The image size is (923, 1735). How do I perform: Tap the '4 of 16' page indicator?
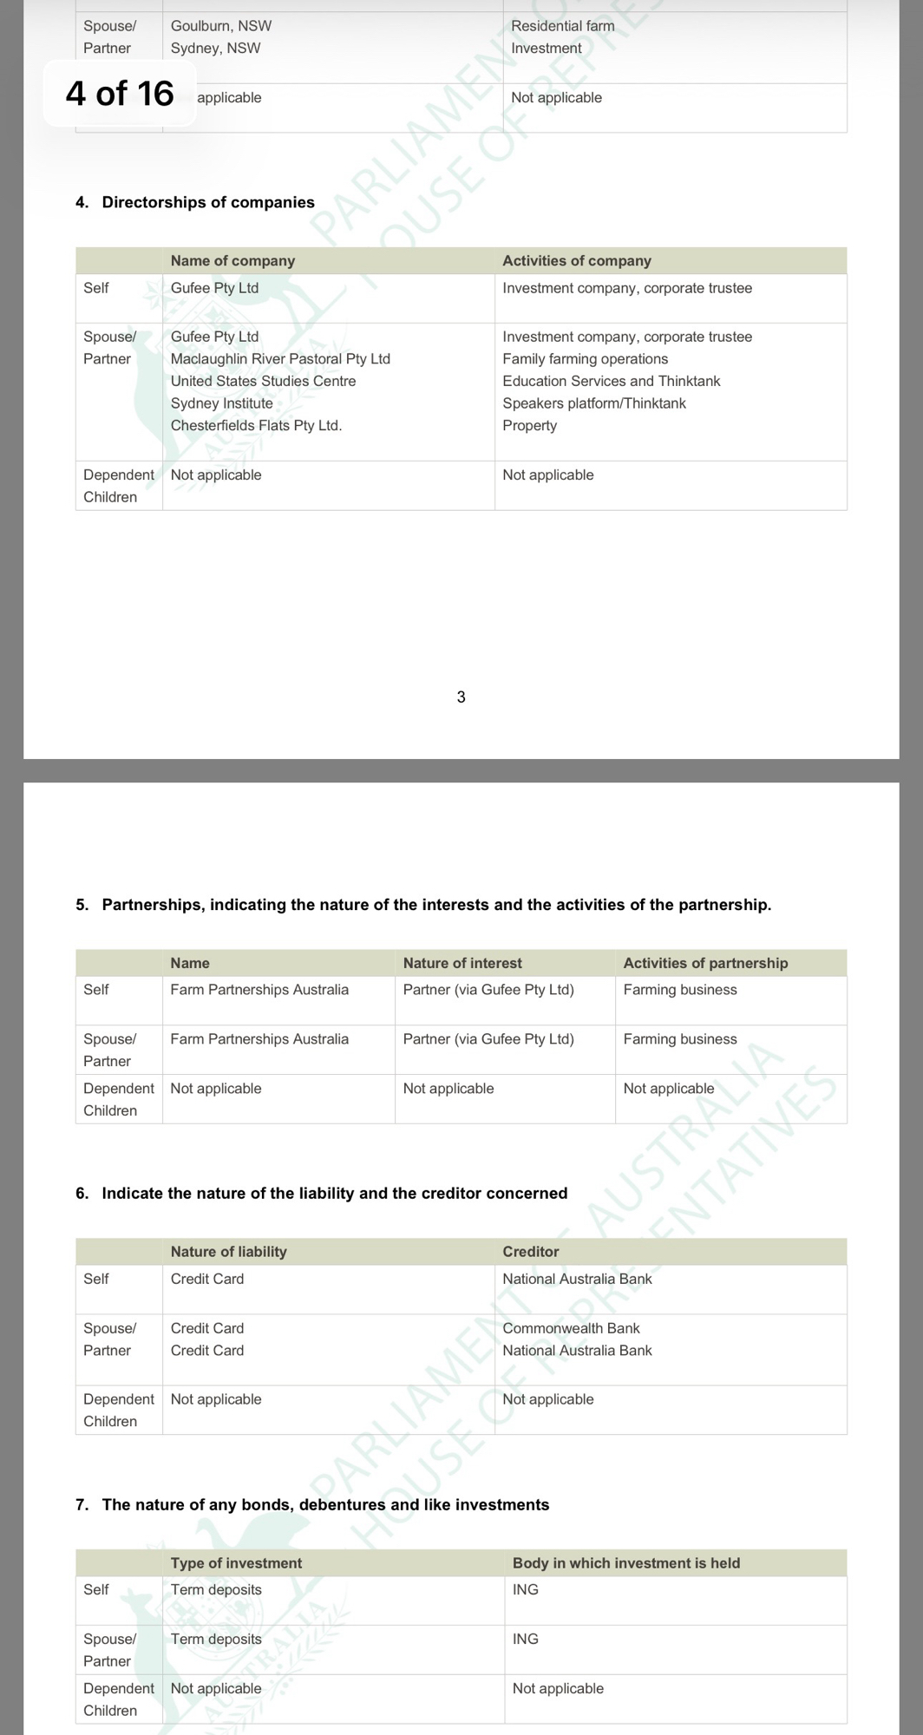(120, 94)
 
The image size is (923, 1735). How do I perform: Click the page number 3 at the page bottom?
(461, 697)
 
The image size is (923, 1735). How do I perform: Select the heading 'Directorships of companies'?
(208, 202)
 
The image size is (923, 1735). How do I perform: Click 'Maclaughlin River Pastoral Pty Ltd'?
(280, 359)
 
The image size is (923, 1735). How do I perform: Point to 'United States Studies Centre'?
(263, 381)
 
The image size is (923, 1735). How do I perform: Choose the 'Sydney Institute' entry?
(221, 403)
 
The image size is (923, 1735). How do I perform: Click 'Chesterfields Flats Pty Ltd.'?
(256, 425)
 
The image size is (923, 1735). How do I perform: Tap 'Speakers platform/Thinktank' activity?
(594, 403)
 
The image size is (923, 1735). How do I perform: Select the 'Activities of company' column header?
(577, 260)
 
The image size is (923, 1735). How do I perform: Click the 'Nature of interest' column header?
(462, 963)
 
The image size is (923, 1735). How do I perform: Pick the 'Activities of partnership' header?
(705, 963)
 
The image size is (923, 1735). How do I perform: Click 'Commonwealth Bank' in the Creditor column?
(571, 1328)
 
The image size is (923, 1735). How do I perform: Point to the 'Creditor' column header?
(531, 1252)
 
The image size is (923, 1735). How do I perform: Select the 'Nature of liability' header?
(228, 1252)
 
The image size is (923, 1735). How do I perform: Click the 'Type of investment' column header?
(236, 1563)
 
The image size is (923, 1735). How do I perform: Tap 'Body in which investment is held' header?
(626, 1563)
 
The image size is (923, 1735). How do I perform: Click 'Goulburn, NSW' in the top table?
(221, 26)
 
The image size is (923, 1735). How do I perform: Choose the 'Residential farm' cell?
(563, 26)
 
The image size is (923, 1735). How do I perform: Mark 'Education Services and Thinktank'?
(612, 381)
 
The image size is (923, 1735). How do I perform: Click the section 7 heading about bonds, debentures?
(325, 1505)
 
